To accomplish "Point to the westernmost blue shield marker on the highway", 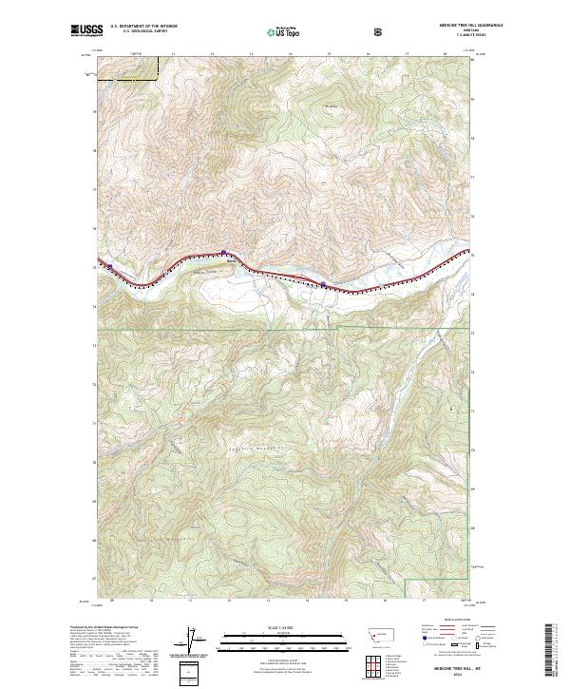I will tap(110, 266).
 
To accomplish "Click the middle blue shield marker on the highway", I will tap(223, 252).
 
